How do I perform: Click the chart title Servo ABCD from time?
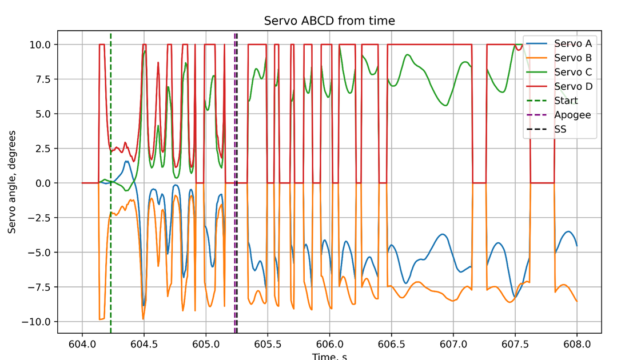[x=329, y=21]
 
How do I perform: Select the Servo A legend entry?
[x=572, y=43]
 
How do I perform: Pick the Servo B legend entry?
[x=572, y=58]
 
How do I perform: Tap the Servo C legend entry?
[x=572, y=72]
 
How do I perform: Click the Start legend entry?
[x=567, y=101]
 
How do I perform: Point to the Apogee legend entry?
[x=572, y=115]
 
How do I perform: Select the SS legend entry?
[x=560, y=129]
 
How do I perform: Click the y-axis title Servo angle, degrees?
[x=12, y=182]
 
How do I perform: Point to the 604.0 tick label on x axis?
[x=82, y=345]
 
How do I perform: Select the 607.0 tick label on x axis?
[x=453, y=345]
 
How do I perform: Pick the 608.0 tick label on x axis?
[x=576, y=345]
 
